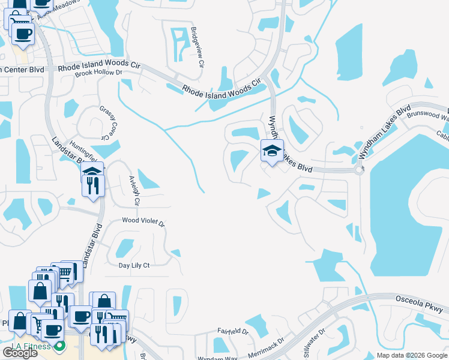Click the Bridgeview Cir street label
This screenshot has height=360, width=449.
click(197, 47)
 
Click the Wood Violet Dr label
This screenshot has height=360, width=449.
click(143, 221)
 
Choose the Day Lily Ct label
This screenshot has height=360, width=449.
click(134, 265)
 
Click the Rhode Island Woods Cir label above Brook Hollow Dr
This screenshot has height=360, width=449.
click(96, 64)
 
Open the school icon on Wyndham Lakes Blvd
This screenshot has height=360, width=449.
click(272, 151)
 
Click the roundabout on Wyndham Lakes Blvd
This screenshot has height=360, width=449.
click(360, 170)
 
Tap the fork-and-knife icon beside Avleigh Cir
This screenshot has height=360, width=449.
click(94, 186)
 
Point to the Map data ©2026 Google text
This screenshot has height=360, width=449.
click(411, 355)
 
